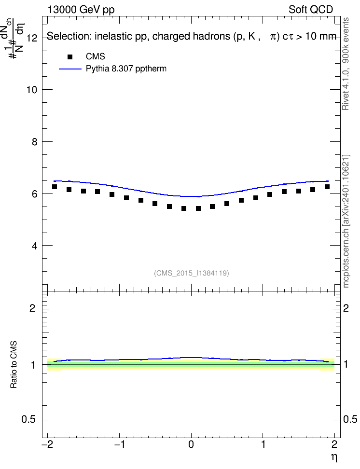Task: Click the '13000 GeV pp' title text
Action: click(x=81, y=10)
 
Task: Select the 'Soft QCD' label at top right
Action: click(x=311, y=9)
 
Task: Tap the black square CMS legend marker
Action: click(x=70, y=57)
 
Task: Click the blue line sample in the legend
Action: click(x=70, y=69)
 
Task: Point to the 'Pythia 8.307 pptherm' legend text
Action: click(x=126, y=69)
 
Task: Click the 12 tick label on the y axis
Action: click(x=31, y=38)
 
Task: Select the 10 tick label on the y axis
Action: click(x=31, y=90)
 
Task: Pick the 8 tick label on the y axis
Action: click(x=34, y=142)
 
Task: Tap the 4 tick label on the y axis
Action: click(x=34, y=246)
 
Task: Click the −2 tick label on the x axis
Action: click(x=48, y=444)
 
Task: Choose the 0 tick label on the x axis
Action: click(x=191, y=444)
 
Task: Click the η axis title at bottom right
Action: click(x=334, y=457)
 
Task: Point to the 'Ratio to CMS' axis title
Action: click(x=14, y=365)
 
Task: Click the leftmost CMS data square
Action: click(x=55, y=187)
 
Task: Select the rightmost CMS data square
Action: click(x=327, y=187)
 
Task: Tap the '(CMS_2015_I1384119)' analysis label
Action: click(x=192, y=273)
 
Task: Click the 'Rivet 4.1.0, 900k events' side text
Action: click(x=346, y=64)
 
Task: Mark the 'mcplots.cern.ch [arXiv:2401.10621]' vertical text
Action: click(x=346, y=221)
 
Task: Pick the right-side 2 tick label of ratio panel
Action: click(x=346, y=308)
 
